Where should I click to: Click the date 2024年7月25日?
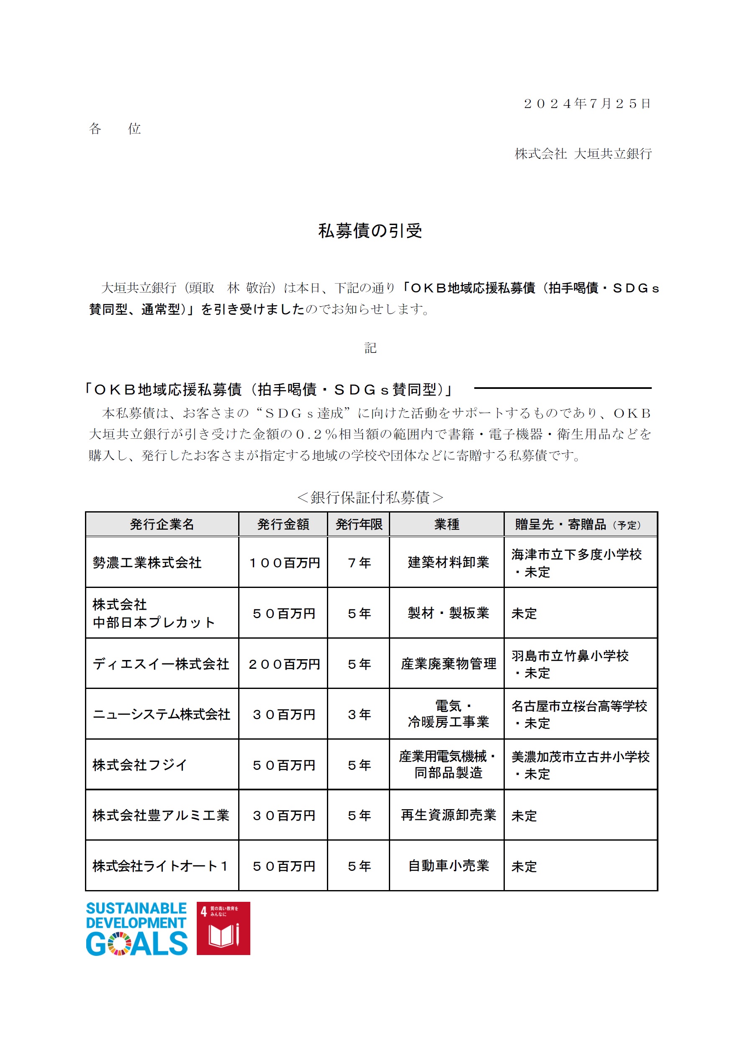pyautogui.click(x=586, y=104)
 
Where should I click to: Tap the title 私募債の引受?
pyautogui.click(x=370, y=231)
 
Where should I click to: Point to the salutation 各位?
pyautogui.click(x=114, y=129)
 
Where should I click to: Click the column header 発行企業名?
pyautogui.click(x=162, y=524)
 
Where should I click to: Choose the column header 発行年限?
pyautogui.click(x=359, y=524)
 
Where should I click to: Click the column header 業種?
pyautogui.click(x=447, y=524)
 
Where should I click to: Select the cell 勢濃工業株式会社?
pyautogui.click(x=147, y=562)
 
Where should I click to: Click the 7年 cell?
pyautogui.click(x=359, y=563)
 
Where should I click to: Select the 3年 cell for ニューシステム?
pyautogui.click(x=359, y=714)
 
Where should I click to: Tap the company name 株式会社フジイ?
pyautogui.click(x=139, y=765)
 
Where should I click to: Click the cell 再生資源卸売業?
pyautogui.click(x=448, y=815)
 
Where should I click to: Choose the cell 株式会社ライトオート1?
pyautogui.click(x=160, y=866)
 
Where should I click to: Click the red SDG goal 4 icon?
pyautogui.click(x=223, y=928)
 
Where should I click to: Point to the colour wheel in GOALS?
pyautogui.click(x=119, y=944)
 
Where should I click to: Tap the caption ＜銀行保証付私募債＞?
pyautogui.click(x=370, y=497)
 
